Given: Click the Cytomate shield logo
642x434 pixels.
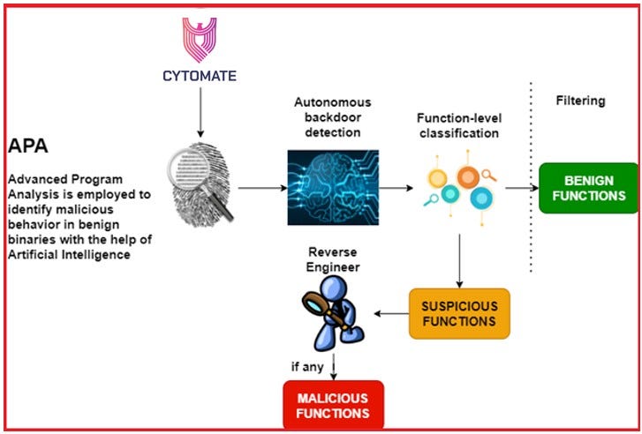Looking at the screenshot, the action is coord(199,40).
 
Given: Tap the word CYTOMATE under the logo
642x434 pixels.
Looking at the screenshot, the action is coord(200,76).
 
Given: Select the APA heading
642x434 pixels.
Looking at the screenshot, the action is coord(28,146).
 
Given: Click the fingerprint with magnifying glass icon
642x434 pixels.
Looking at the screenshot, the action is coord(200,184).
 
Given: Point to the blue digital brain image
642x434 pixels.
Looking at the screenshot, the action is coord(333,187).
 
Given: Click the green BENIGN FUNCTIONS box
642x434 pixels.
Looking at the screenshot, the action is coord(589,188).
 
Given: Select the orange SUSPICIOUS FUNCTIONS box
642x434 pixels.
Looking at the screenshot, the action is coord(459,314).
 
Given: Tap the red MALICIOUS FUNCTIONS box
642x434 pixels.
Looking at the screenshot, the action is coord(333,405).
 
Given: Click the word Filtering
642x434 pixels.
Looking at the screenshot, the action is coord(580,101).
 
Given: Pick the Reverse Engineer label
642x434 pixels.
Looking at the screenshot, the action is coord(333,259).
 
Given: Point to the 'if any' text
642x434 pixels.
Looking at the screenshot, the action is coord(307,367).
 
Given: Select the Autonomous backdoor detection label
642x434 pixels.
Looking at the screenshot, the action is coord(332,117).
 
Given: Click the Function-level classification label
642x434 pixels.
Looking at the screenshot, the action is coord(459,125).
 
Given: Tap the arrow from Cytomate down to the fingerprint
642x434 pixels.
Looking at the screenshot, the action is coord(200,112).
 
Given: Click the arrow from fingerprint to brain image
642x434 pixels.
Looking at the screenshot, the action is coord(263,188).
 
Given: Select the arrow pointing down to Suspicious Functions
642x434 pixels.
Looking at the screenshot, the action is coord(459,261).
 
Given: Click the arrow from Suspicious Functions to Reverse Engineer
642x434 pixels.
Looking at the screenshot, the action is coord(391,314).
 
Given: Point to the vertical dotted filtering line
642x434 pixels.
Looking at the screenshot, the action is coord(531,176).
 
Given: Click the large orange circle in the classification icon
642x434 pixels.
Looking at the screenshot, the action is coord(468,177).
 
